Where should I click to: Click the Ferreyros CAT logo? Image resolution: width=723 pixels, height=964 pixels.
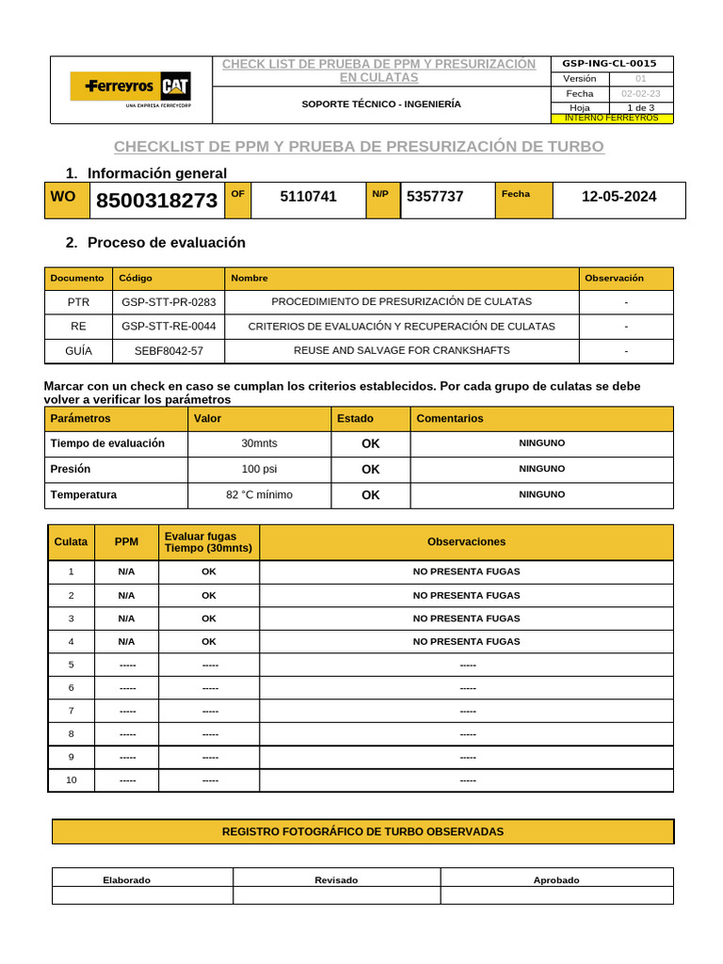[131, 88]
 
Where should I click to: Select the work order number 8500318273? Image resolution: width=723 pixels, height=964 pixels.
[155, 201]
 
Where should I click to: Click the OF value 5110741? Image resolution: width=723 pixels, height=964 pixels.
[308, 197]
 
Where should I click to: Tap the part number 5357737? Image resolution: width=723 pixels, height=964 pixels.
[435, 197]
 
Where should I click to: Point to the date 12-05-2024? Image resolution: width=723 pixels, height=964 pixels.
[619, 197]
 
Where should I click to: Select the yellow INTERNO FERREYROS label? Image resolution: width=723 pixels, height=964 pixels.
[611, 118]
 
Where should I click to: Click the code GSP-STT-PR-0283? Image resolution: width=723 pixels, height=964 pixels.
[169, 302]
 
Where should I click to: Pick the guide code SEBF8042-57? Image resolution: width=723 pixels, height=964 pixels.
[169, 350]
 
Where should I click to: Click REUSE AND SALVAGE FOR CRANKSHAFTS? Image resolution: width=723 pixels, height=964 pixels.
[402, 350]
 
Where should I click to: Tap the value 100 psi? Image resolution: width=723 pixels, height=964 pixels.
[259, 469]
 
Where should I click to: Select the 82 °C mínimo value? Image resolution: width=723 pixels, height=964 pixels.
[259, 494]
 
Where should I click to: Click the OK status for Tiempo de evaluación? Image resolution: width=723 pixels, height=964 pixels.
[371, 443]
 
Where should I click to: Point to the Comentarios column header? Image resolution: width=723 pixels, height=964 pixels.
[449, 418]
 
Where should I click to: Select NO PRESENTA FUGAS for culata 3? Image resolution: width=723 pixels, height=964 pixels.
[466, 619]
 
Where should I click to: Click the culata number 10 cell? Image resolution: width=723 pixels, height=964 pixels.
[72, 779]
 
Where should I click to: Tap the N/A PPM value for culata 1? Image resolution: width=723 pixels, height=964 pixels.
[126, 571]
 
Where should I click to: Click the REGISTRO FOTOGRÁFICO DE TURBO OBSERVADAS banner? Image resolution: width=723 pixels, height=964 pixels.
[362, 831]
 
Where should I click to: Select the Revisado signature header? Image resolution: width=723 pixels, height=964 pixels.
[336, 880]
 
